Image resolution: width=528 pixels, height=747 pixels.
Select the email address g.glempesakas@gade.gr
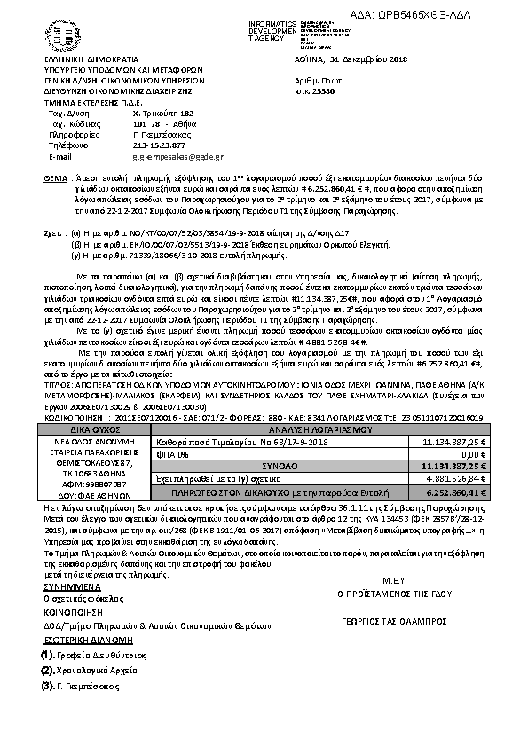[x=170, y=155]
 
